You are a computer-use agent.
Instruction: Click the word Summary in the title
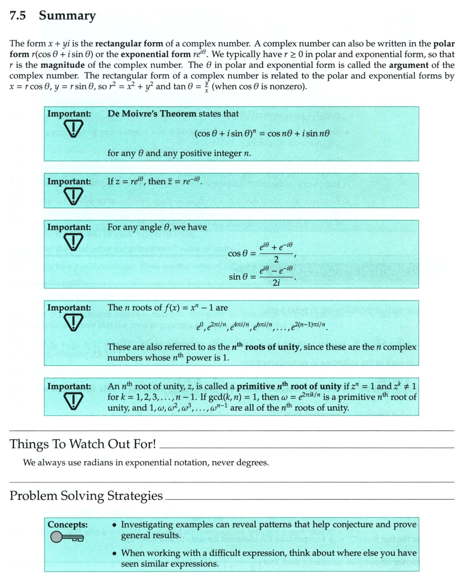(x=67, y=16)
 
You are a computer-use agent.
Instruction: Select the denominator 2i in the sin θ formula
(x=276, y=283)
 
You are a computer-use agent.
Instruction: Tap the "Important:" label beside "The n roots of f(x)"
(x=69, y=307)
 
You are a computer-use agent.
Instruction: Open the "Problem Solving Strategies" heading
(x=86, y=496)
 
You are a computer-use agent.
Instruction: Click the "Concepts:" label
(x=67, y=524)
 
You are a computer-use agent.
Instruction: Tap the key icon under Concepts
(x=67, y=537)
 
